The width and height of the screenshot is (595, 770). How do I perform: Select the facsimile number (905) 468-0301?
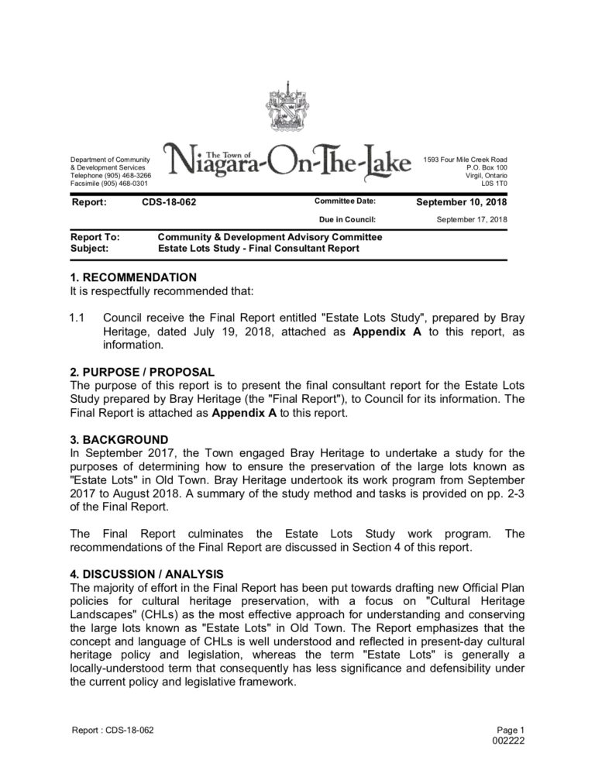point(123,184)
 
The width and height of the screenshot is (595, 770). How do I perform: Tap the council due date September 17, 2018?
point(472,219)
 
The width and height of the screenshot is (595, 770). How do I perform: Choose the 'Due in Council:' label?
point(347,219)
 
